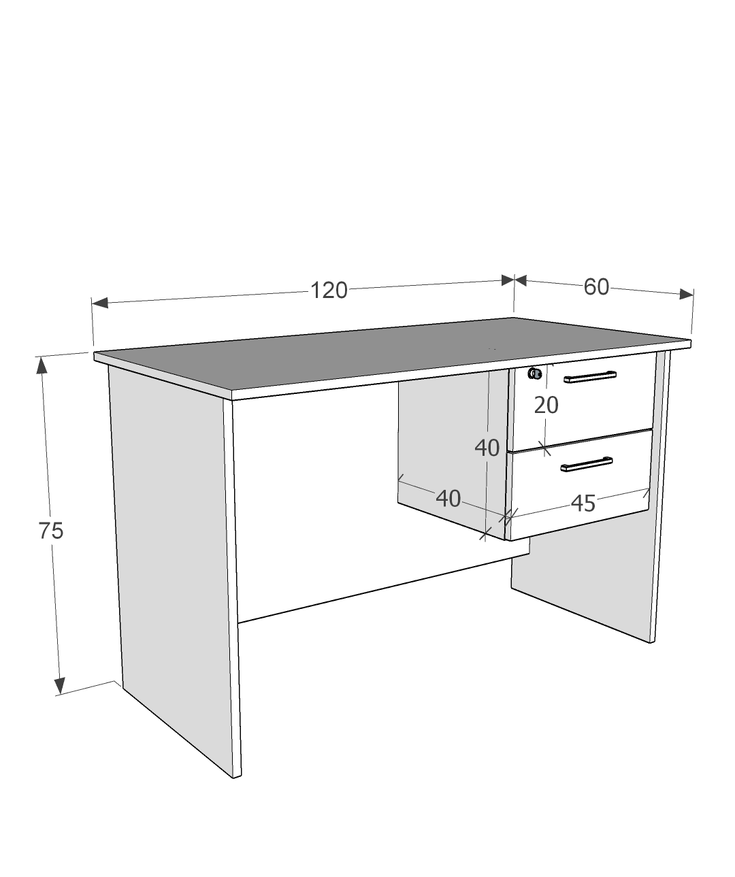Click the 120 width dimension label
329,291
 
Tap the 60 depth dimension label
596,287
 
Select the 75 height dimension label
51,530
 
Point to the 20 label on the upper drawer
546,405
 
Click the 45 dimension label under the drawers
583,503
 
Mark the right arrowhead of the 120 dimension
507,280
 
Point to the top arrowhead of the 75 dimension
42,365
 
